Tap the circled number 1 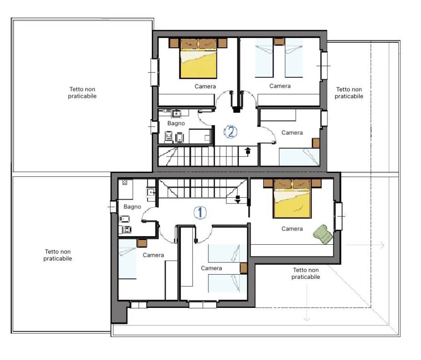tap(200, 213)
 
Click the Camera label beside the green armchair tap(292, 229)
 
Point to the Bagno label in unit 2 tap(176, 123)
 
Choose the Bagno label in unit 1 tap(132, 206)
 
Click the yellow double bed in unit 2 tap(199, 62)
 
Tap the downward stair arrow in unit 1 tap(238, 199)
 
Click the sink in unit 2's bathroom tap(177, 113)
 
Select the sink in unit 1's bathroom tap(151, 192)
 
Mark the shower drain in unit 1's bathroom tap(125, 182)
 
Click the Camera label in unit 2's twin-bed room tap(280, 86)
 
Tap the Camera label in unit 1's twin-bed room tap(211, 268)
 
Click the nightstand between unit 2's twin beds tap(279, 42)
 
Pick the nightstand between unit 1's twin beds tap(243, 268)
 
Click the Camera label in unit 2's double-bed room tap(205, 86)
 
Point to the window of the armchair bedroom tap(339, 216)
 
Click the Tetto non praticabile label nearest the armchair tap(306, 273)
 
